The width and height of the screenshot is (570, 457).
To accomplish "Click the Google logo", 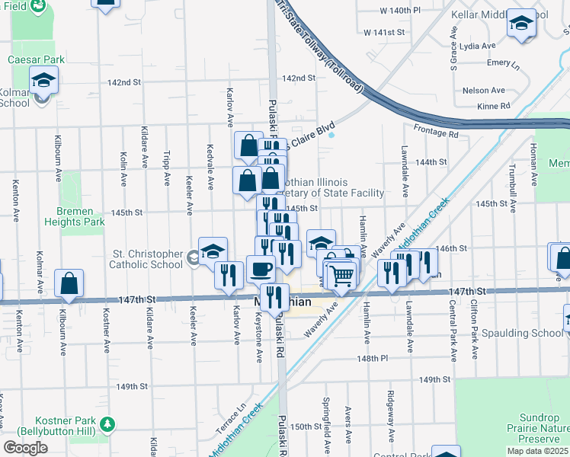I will [x=25, y=447].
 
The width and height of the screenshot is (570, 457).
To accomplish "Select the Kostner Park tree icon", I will [x=108, y=423].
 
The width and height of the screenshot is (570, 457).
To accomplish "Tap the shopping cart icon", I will [x=342, y=274].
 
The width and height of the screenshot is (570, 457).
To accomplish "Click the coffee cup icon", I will [x=261, y=269].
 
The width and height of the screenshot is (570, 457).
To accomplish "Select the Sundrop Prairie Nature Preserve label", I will [x=533, y=429].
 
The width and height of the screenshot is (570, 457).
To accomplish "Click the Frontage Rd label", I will [x=437, y=134].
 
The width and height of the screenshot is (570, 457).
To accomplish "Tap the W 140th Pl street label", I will [x=400, y=11].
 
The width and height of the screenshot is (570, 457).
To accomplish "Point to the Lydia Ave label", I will [x=479, y=46].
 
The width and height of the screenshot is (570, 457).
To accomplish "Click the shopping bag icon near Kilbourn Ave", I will [x=69, y=283].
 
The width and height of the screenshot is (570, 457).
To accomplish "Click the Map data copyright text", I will [x=538, y=451].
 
